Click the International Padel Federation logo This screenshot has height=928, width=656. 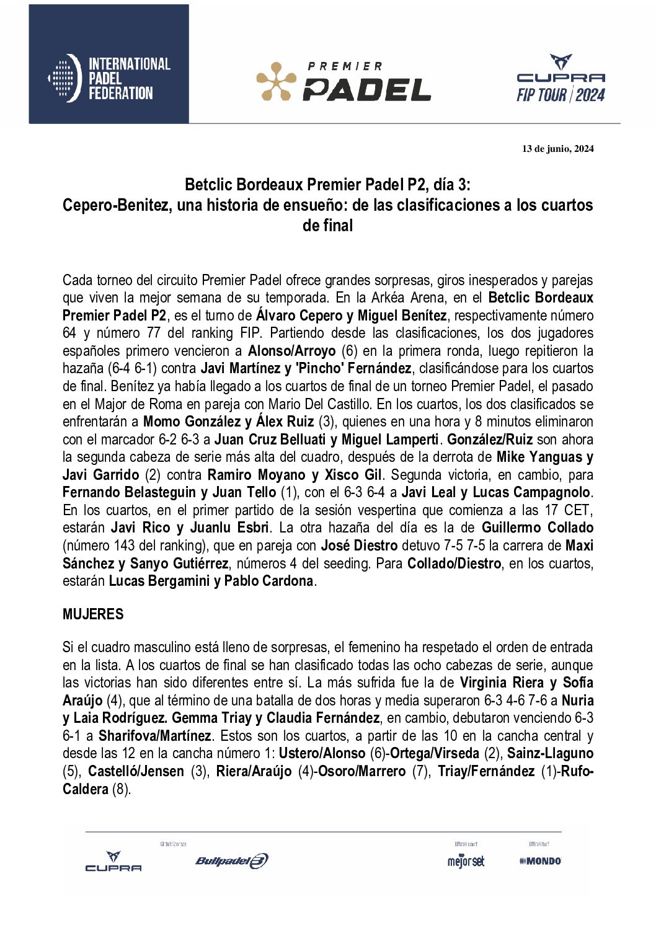coord(109,78)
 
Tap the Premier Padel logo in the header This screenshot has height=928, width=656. coord(344,81)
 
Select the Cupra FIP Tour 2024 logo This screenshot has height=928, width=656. coord(561,79)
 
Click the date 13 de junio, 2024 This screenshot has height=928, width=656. coord(557,149)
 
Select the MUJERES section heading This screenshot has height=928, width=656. coord(93,614)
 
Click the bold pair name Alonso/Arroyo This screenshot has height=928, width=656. coord(291,351)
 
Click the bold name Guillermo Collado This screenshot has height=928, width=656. coord(537,528)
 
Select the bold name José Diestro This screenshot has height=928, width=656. coord(359,546)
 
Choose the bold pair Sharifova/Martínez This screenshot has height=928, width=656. coord(154,736)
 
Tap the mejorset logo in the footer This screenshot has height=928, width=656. coord(466,861)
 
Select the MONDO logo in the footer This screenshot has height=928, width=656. coord(540,861)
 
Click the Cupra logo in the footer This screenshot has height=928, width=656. coord(113,862)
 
